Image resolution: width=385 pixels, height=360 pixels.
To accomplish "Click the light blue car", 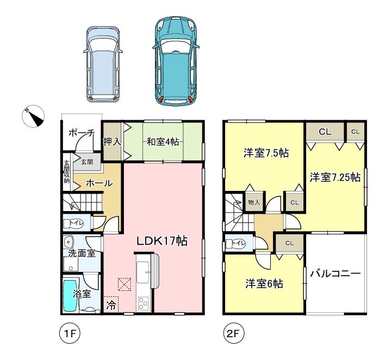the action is point(103,64).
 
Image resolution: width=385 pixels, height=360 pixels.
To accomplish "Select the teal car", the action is point(176,61).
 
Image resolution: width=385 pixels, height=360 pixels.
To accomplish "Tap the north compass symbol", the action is point(33,116).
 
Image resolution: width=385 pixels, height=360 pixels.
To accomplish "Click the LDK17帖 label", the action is point(162,241).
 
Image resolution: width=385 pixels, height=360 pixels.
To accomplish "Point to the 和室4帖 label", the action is point(163,142).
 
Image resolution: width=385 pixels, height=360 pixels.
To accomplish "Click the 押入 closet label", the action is point(112,142).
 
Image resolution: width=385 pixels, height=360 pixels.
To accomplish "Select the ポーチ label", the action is point(82,133).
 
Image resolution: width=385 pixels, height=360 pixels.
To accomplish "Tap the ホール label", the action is point(100,183).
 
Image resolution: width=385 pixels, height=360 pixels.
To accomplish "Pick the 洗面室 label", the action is point(82,253).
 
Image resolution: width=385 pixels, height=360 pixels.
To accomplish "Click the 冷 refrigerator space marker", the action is point(111,305).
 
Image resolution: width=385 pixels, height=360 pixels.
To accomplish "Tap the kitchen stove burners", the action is point(143,303).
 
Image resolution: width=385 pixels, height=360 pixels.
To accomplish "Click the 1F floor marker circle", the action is point(70,333).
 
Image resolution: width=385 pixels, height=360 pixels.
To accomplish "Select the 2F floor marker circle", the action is point(233,333).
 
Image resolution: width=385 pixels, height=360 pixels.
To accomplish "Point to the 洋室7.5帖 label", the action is point(266,153).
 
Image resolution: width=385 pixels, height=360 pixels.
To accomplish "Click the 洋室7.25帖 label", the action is point(335,177).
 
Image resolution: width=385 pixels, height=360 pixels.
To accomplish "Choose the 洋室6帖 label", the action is point(264,284).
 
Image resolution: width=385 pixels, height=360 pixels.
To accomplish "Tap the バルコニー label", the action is point(336,274).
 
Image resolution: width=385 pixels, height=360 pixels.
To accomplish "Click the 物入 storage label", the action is point(254,203).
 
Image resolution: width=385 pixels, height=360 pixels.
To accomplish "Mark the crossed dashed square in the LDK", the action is point(124,284).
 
